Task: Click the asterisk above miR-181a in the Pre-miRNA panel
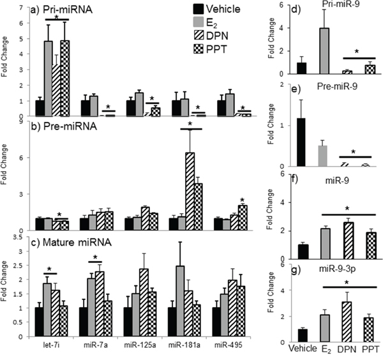pyautogui.click(x=190, y=124)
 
